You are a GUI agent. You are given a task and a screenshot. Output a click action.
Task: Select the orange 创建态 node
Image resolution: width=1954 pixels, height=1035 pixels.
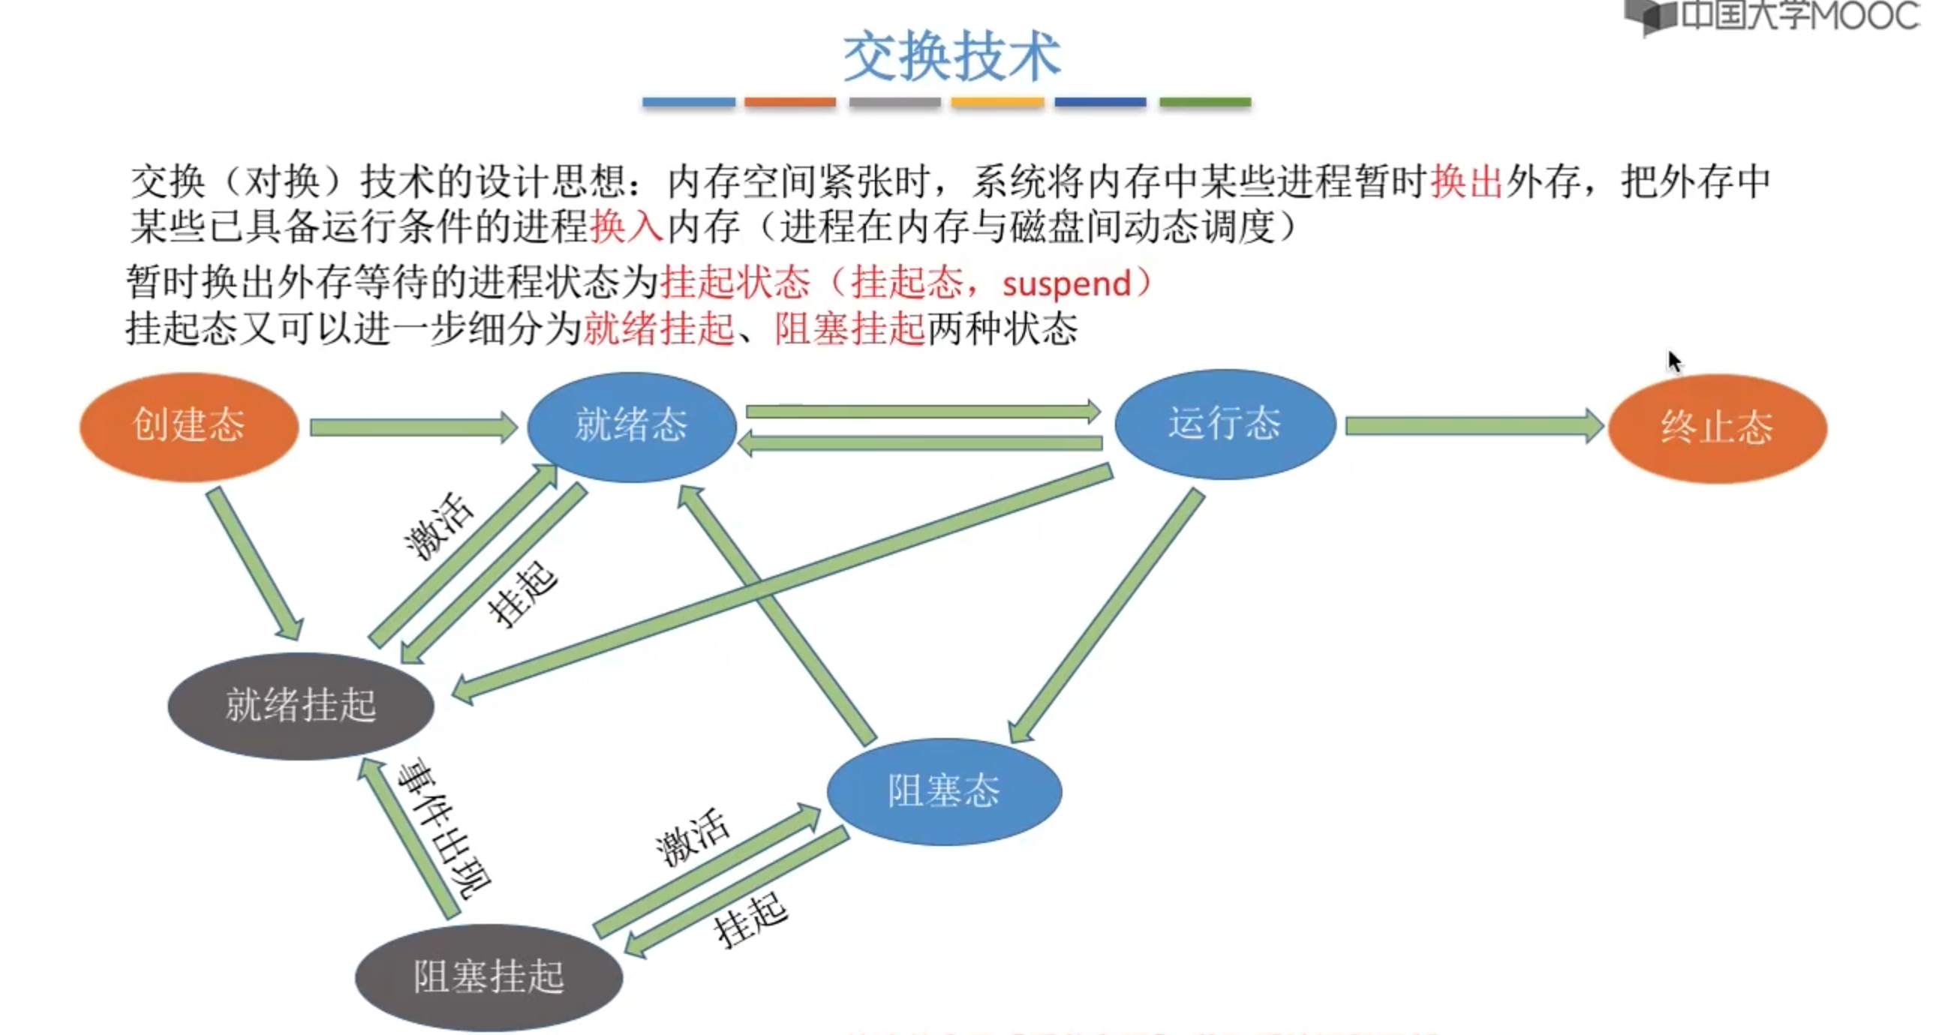[189, 425]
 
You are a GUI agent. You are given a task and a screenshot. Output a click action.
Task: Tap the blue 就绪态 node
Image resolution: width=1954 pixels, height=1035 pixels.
[631, 425]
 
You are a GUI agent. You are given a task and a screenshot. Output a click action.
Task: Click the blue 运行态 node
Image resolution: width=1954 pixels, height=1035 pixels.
[1225, 424]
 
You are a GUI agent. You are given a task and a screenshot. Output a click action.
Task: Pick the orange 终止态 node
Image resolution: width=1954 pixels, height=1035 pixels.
[1717, 427]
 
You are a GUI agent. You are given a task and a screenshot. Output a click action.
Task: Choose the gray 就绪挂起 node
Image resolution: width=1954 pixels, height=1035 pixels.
[300, 705]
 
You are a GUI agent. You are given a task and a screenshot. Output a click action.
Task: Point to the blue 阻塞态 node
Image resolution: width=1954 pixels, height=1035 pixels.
[944, 790]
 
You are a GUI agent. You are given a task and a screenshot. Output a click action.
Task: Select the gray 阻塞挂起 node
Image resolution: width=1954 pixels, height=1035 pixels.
[488, 976]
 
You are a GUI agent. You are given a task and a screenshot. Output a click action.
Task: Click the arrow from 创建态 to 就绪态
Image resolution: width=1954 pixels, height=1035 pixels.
[413, 427]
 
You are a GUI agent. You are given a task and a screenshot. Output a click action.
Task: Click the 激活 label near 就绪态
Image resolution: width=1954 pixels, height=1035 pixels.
[439, 526]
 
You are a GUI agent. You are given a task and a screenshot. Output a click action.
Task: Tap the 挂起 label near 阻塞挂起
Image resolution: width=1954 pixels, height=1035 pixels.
[751, 919]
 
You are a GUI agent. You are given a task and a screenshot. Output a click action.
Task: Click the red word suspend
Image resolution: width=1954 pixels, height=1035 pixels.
[1066, 284]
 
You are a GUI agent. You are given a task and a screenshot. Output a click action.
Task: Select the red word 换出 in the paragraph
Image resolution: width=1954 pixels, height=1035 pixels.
[1466, 182]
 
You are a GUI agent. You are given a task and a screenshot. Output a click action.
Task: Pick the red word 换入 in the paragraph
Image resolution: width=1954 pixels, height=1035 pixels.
[627, 226]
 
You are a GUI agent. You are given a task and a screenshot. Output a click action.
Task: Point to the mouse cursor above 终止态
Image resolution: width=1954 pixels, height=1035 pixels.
[1673, 361]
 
